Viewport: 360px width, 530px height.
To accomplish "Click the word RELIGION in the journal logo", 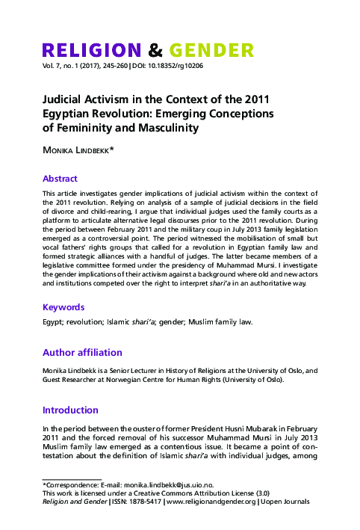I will pos(91,51).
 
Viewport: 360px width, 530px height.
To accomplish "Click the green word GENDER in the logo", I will pos(211,51).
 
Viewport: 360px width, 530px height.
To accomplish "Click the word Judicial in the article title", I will pos(64,99).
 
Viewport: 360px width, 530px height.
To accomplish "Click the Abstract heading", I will pos(60,179).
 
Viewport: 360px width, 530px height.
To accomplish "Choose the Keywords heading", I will pos(63,307).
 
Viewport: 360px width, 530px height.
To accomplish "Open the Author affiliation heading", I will pos(82,352).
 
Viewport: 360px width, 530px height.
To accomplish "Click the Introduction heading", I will pos(70,410).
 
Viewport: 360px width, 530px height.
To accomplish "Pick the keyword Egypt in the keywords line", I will pos(53,322).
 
